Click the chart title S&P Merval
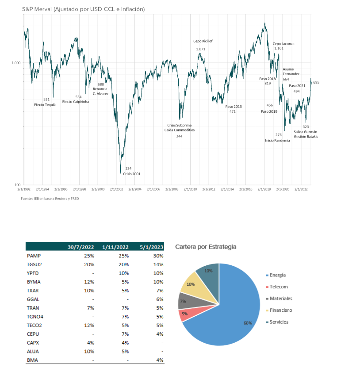[x=83, y=9]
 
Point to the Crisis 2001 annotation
[x=132, y=174]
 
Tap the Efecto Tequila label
[x=45, y=105]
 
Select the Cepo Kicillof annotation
[x=203, y=41]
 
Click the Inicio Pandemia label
[x=277, y=140]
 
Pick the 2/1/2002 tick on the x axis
[x=116, y=189]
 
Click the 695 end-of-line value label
[x=316, y=82]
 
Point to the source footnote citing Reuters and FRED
[x=50, y=199]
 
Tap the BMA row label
[x=32, y=360]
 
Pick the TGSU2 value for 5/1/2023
[x=158, y=264]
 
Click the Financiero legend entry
[x=280, y=310]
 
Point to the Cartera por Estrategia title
[x=206, y=247]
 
